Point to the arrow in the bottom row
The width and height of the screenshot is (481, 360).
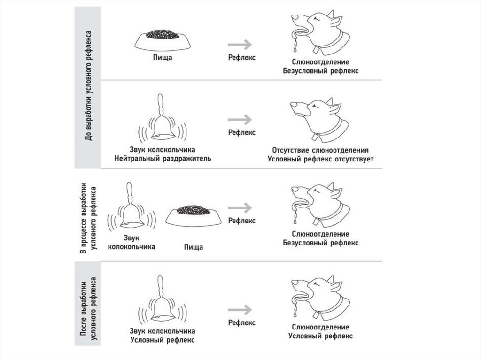pyautogui.click(x=240, y=309)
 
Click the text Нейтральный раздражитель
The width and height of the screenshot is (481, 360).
pyautogui.click(x=163, y=159)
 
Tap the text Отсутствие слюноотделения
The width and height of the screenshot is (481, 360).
pyautogui.click(x=320, y=150)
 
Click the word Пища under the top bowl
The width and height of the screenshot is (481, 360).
pyautogui.click(x=163, y=58)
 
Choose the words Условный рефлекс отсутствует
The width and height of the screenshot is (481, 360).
pyautogui.click(x=320, y=159)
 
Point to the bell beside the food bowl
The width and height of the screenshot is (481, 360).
pyautogui.click(x=132, y=211)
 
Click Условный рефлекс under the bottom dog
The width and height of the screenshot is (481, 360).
pyautogui.click(x=320, y=336)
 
